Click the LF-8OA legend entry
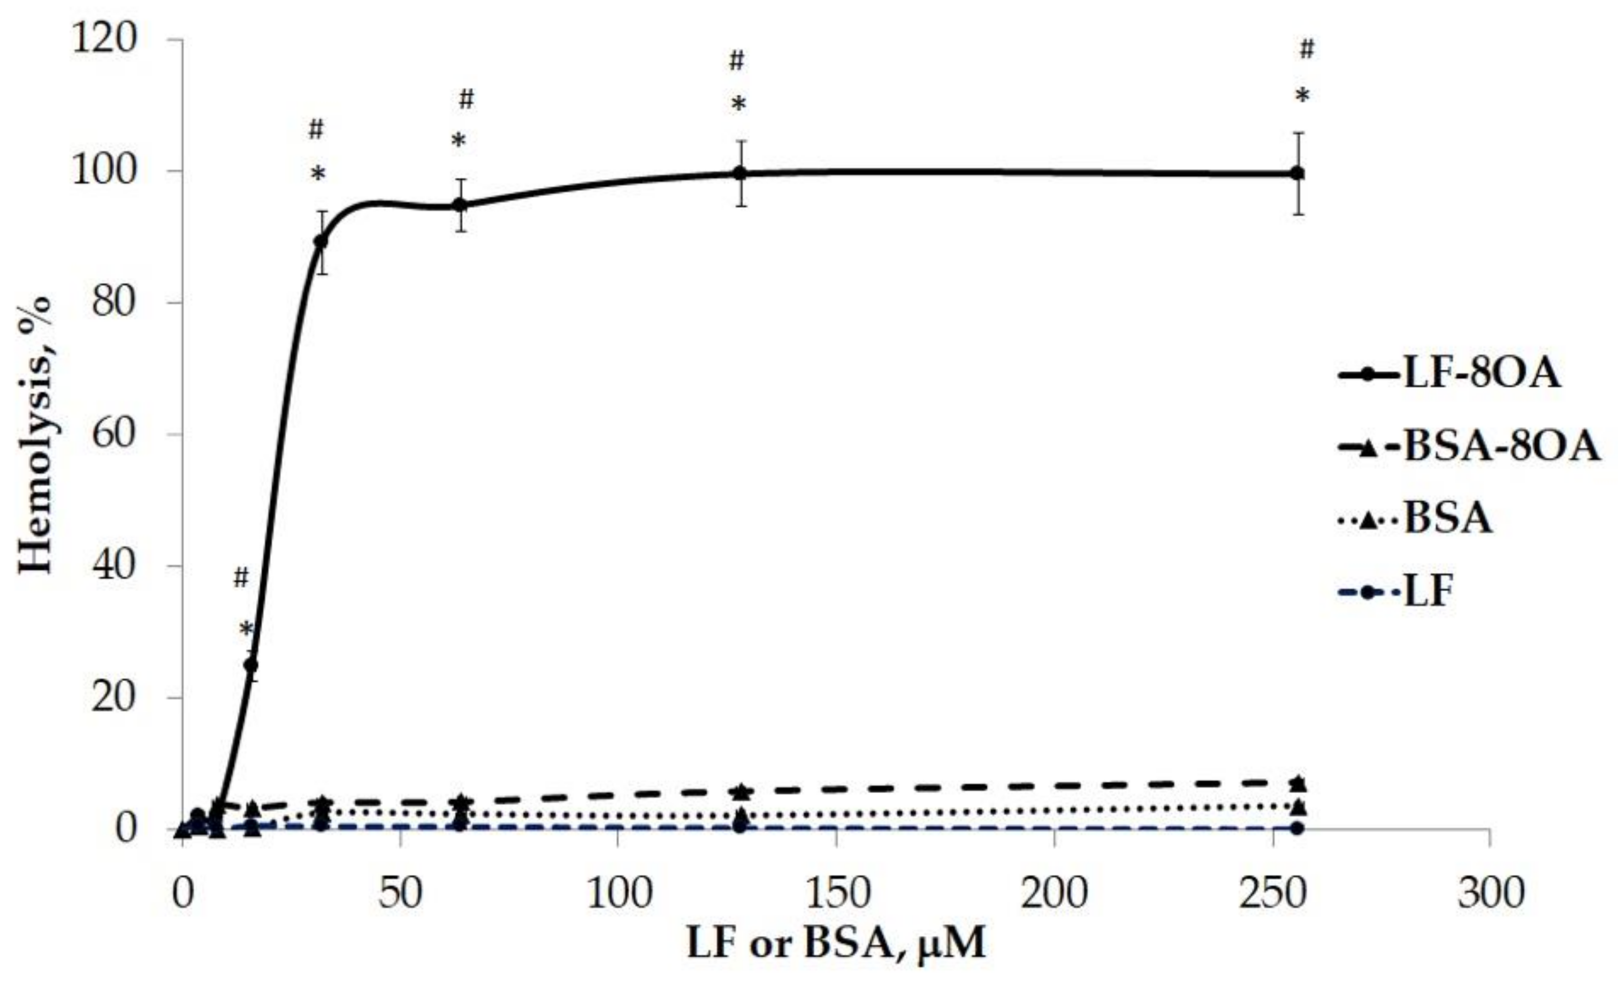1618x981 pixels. (x=1448, y=374)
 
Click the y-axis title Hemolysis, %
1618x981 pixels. (x=34, y=435)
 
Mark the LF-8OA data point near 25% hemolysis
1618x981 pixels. (x=251, y=665)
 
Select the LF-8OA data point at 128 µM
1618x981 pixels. (x=741, y=173)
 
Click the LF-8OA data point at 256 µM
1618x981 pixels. (x=1298, y=173)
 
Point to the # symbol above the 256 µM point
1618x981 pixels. (x=1307, y=49)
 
